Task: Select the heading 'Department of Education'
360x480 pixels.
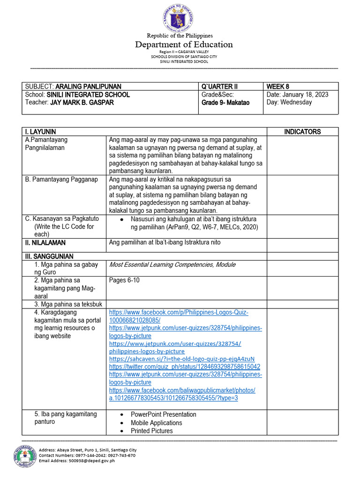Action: point(184,45)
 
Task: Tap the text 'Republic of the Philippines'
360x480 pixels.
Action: point(180,36)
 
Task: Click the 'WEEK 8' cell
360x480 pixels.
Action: point(278,86)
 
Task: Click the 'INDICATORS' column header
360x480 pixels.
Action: point(302,132)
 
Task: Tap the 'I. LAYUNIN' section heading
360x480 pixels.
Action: point(41,132)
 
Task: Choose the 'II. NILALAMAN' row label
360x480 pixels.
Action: point(45,243)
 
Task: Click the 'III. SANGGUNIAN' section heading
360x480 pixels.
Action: point(49,256)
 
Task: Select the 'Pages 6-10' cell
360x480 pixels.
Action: point(124,280)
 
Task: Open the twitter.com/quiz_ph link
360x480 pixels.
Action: point(185,367)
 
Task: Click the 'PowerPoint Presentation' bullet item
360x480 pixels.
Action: point(163,414)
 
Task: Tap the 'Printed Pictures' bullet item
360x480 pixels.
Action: point(151,431)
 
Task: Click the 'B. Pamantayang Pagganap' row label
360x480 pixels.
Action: point(61,179)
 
